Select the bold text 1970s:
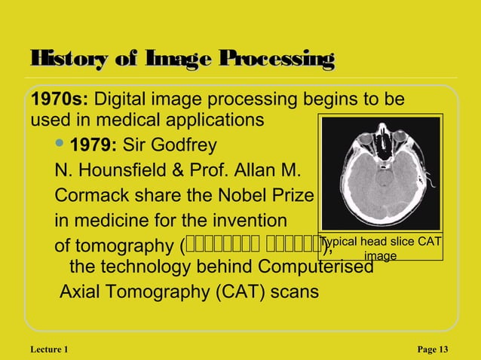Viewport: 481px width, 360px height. click(59, 100)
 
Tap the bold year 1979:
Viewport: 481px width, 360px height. click(93, 145)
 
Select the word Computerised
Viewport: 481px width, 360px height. click(316, 267)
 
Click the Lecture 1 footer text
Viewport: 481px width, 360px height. click(51, 349)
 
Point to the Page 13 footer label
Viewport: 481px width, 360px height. click(432, 349)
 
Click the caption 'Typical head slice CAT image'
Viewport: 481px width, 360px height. click(381, 249)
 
